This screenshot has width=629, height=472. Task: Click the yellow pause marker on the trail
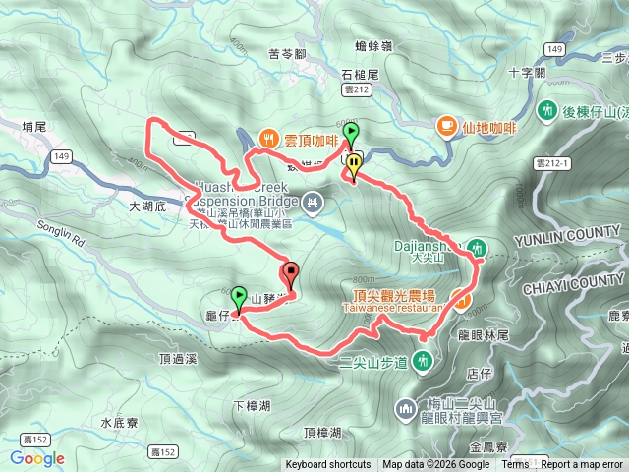353,164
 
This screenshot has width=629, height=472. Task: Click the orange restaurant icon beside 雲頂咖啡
266,140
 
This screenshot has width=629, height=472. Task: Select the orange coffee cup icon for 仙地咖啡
446,125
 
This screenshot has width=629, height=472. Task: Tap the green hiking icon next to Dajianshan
477,246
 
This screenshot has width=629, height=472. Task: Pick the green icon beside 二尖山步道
423,361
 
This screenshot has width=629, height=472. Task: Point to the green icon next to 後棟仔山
546,112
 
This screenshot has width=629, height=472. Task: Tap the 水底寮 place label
121,422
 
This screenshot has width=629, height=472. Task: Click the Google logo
37,458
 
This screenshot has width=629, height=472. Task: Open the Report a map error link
583,465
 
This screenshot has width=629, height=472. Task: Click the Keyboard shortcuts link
328,465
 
